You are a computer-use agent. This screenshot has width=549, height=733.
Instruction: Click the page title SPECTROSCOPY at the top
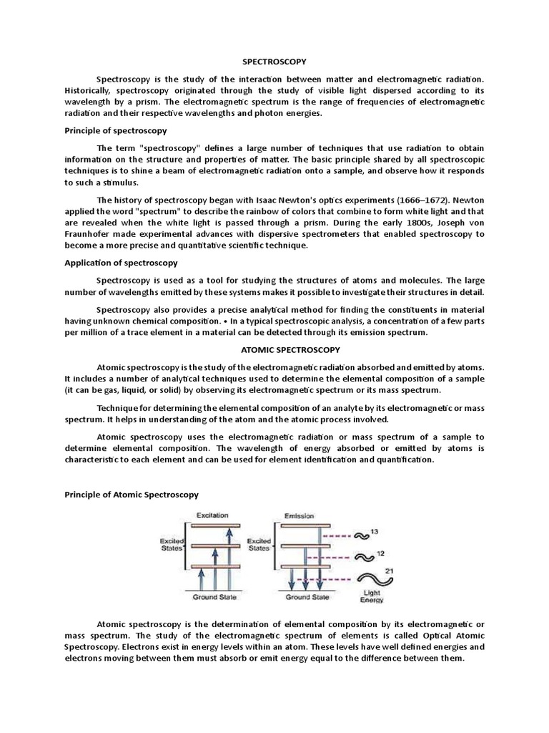274,62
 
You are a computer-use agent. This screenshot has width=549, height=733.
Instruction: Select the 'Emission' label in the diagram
299,515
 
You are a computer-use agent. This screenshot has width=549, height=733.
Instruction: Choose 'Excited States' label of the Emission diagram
259,545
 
